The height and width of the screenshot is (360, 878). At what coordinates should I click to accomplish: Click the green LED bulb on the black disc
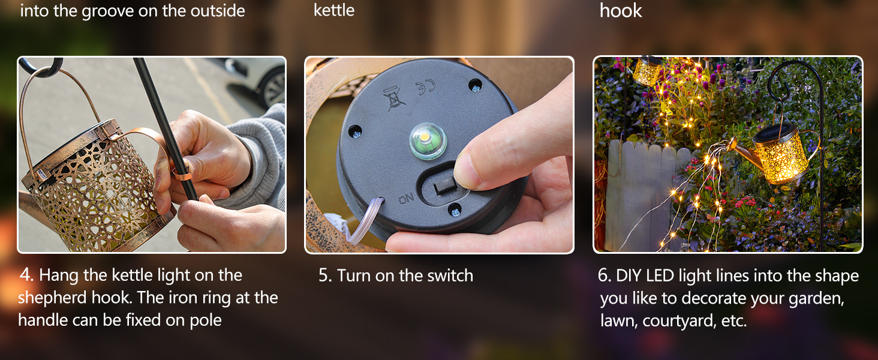(428, 141)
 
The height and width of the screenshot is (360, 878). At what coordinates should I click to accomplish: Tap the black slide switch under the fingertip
(446, 186)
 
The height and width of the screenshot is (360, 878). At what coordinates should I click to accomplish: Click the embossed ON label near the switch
(406, 199)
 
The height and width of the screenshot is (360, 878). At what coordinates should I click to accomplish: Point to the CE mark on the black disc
(425, 87)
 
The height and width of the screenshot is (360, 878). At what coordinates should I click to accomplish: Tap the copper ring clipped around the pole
(182, 173)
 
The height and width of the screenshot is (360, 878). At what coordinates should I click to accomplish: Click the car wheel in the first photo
(274, 89)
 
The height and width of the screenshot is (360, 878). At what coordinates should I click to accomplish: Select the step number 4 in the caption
(26, 275)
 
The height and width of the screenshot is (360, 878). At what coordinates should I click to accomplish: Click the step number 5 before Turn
(325, 275)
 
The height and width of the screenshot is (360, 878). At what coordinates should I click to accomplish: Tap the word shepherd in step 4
(53, 298)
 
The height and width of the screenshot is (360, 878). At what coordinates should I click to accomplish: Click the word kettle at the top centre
(334, 10)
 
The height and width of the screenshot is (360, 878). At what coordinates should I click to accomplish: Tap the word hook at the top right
(621, 10)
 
